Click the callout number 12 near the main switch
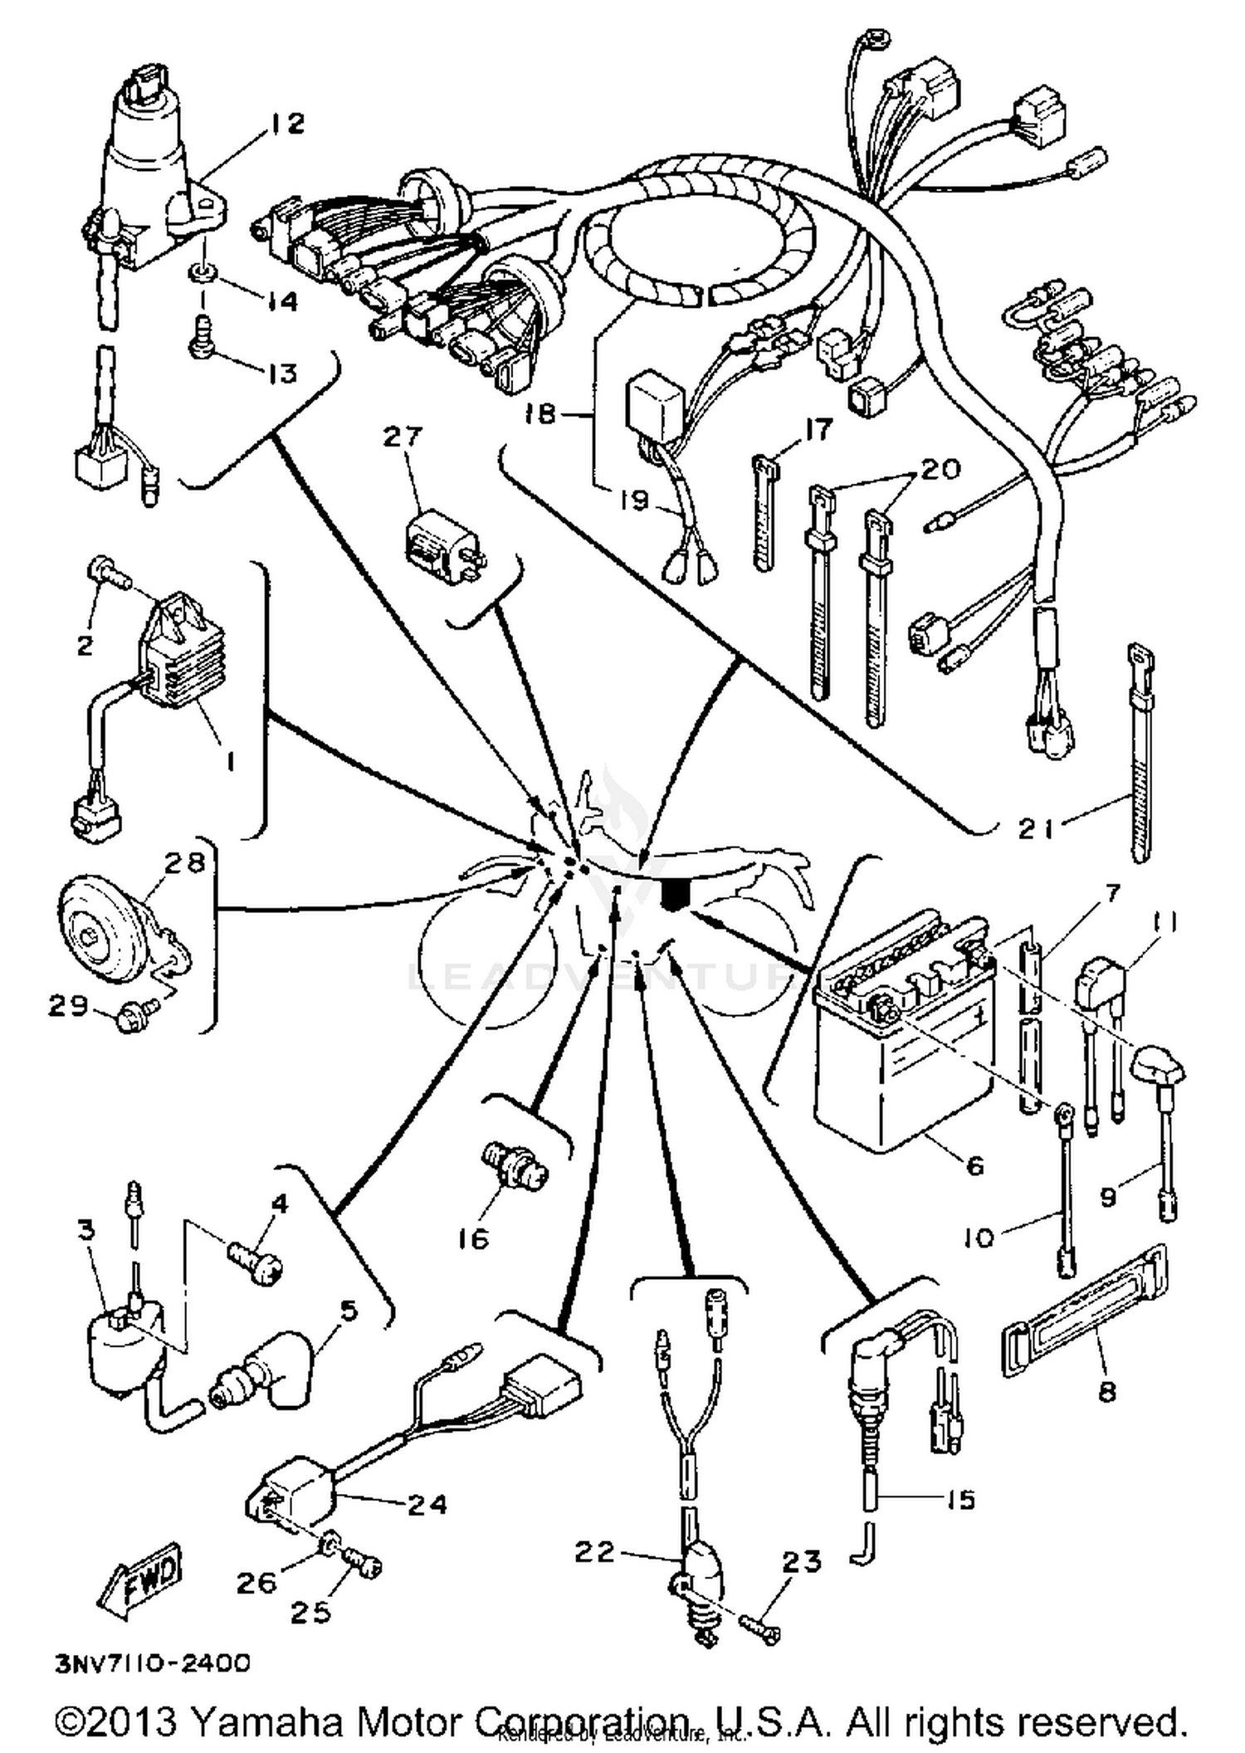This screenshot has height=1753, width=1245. coord(286,125)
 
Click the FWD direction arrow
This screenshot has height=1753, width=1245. coord(139,1581)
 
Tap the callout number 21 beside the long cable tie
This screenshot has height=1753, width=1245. coord(1037,828)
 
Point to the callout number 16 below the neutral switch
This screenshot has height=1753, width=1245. coord(474,1239)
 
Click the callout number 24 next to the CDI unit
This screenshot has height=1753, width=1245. coord(427,1503)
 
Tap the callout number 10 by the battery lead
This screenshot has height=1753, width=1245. coord(979,1239)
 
